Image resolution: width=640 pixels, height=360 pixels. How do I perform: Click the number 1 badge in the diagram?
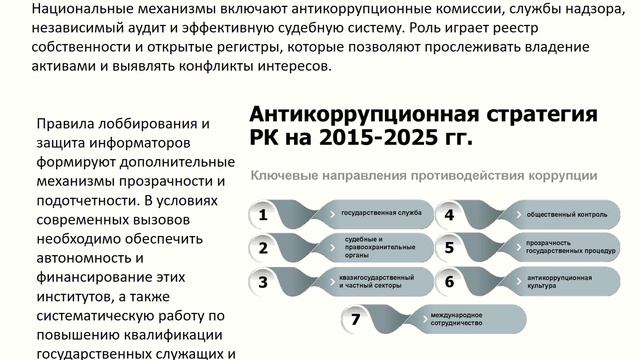(x=263, y=214)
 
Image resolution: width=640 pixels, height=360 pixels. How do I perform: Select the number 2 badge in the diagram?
(x=263, y=248)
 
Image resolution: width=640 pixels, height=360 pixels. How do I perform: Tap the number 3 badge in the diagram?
(x=263, y=282)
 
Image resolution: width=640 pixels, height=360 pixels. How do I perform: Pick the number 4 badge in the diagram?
(x=450, y=214)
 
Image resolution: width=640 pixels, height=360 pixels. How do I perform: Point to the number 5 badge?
(x=450, y=248)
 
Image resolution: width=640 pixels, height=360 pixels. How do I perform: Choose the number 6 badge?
(x=450, y=282)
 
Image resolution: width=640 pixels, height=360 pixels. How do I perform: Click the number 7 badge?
(x=356, y=320)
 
